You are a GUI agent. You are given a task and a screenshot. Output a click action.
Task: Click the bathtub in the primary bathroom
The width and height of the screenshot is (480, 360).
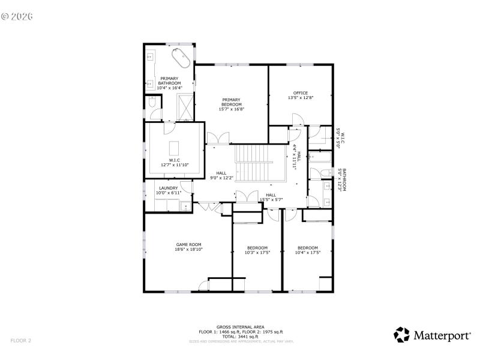[181, 59]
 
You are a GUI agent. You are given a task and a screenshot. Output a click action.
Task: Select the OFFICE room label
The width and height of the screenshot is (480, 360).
[301, 93]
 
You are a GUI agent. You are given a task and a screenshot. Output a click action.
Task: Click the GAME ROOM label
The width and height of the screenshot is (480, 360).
[188, 244]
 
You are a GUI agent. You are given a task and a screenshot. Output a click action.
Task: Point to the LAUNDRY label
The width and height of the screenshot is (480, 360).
[168, 188]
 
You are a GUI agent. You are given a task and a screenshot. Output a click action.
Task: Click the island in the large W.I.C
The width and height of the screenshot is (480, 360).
[175, 148]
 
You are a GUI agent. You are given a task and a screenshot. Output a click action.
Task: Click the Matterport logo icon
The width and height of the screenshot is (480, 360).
[402, 335]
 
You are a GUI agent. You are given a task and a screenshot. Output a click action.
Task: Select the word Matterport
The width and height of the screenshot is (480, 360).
[442, 336]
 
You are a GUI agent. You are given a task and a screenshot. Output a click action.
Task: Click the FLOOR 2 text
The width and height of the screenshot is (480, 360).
[20, 341]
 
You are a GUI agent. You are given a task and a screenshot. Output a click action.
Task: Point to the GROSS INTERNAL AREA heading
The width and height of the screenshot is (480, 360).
[241, 327]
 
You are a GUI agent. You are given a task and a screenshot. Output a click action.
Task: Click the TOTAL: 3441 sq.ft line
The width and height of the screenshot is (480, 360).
[241, 336]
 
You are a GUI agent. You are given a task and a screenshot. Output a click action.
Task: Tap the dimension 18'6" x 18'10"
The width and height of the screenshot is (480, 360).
[188, 250]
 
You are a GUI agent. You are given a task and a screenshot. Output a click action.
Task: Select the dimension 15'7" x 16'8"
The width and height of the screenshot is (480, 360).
[231, 109]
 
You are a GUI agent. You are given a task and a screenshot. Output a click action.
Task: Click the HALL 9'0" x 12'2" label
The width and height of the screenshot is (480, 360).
[221, 175]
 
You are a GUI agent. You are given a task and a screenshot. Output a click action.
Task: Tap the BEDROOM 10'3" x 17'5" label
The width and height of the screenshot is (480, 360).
[257, 250]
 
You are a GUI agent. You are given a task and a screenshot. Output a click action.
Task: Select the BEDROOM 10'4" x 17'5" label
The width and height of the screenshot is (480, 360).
[308, 250]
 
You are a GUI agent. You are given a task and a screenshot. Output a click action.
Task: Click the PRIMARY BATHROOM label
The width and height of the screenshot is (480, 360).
[169, 83]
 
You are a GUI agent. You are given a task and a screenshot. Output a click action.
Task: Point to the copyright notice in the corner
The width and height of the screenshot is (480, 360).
[17, 16]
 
